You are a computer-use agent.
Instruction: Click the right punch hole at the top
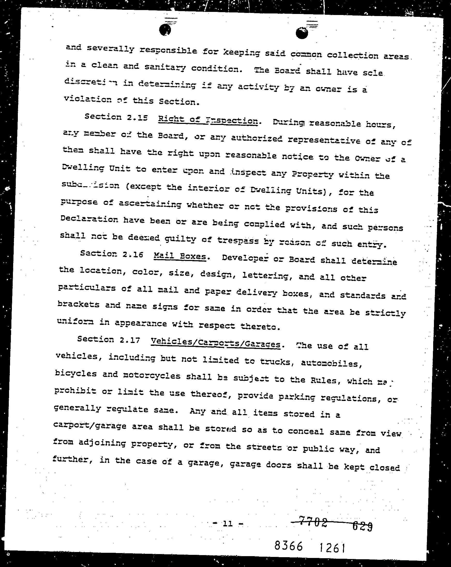(x=302, y=33)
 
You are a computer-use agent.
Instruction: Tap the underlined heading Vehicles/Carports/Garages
(x=215, y=343)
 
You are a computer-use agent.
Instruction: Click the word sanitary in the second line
(x=165, y=67)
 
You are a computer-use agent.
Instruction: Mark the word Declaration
(x=89, y=219)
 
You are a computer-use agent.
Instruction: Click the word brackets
(x=78, y=304)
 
